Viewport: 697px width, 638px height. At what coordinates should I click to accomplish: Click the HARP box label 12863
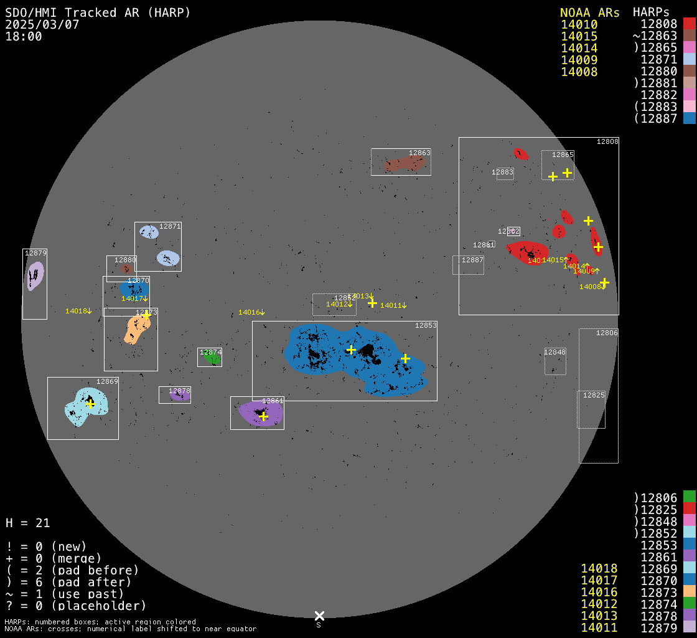coord(419,153)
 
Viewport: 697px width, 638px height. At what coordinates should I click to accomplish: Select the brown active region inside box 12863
coord(405,164)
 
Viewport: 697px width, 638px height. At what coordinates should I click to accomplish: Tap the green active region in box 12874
coord(213,359)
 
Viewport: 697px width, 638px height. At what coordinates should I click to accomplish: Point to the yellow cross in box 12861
coord(263,416)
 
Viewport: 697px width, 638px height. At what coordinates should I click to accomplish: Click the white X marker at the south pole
coord(319,616)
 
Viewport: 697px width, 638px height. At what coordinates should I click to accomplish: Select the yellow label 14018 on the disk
coord(78,311)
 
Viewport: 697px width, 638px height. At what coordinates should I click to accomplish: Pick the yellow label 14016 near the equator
coord(251,312)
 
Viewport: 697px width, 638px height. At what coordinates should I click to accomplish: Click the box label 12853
coord(426,325)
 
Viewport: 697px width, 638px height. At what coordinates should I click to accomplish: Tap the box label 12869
coord(107,381)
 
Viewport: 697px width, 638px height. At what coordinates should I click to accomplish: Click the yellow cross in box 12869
coord(90,404)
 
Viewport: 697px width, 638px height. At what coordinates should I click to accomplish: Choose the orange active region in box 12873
coord(134,329)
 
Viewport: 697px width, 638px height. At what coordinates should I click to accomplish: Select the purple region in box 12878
coord(179,396)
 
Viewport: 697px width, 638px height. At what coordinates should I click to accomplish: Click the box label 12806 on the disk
coord(607,333)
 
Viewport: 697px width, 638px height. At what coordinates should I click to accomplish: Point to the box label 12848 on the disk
coord(555,352)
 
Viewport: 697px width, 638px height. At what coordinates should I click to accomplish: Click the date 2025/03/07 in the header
coord(42,24)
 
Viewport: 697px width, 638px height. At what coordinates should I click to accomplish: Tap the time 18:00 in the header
coord(24,36)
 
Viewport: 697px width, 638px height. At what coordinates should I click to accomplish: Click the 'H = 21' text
coord(28,523)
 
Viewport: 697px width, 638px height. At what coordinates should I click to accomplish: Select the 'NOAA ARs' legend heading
coord(589,12)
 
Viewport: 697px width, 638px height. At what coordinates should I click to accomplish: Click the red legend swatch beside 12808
coord(689,24)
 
